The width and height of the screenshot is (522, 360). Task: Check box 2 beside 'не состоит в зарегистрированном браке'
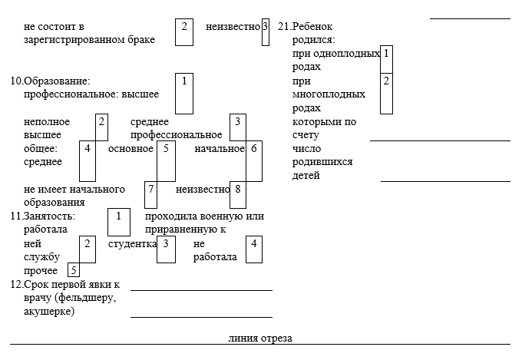click(184, 32)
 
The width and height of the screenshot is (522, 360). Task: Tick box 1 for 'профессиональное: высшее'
click(184, 94)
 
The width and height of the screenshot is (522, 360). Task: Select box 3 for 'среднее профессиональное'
click(238, 127)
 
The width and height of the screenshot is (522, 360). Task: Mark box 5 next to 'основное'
click(166, 161)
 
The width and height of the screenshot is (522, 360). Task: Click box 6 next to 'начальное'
click(254, 161)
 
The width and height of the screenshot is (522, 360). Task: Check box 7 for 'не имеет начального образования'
click(150, 195)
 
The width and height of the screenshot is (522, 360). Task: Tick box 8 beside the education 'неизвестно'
click(238, 195)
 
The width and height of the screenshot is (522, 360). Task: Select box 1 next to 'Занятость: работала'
click(119, 222)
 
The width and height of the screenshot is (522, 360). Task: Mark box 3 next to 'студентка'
click(166, 249)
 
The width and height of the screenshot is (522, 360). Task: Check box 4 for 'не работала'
click(254, 249)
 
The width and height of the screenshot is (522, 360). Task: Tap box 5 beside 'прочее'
click(74, 269)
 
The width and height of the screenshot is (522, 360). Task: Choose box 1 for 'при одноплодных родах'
click(386, 60)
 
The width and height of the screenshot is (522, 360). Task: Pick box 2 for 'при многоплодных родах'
click(386, 94)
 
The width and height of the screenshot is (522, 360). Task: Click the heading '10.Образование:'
click(50, 81)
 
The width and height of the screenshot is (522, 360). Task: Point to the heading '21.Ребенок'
click(306, 26)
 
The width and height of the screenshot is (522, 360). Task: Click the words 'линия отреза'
click(260, 338)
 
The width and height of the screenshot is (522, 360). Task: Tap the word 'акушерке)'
click(49, 312)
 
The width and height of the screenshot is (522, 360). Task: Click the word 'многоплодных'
click(329, 94)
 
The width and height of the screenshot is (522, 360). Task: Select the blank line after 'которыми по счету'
click(440, 141)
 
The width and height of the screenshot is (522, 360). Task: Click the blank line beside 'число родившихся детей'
click(445, 181)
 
